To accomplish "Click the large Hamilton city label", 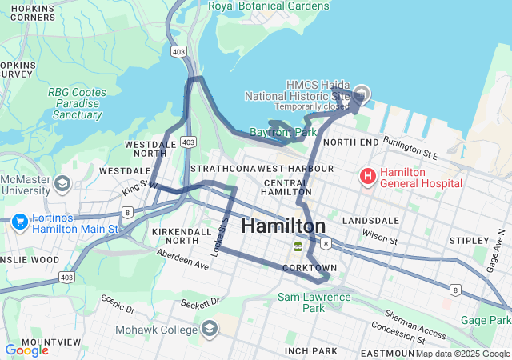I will click(283, 226).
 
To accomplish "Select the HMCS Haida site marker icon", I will click(361, 94).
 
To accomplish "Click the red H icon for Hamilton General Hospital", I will click(367, 175).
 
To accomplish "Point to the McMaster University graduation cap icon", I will click(62, 185).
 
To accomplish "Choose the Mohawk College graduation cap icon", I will click(210, 329).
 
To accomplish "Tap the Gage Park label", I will click(486, 320).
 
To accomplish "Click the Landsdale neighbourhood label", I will click(370, 220).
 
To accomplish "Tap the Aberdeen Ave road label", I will click(182, 258).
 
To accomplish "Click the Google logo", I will click(26, 350).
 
